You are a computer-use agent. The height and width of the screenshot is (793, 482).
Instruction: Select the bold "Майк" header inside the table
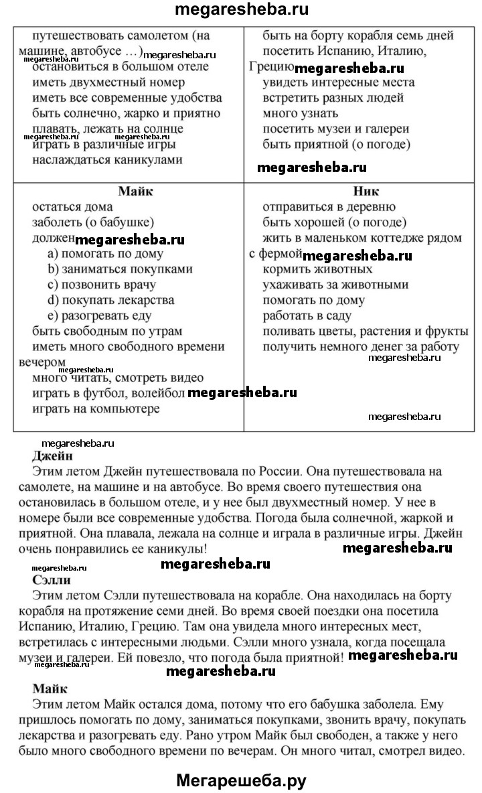click(136, 191)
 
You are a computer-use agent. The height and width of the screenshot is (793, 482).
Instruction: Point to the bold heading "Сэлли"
click(52, 580)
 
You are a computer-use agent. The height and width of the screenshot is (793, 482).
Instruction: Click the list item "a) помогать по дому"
click(105, 253)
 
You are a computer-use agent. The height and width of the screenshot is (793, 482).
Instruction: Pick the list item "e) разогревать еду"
click(99, 315)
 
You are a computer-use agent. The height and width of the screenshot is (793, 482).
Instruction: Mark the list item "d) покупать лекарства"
click(110, 300)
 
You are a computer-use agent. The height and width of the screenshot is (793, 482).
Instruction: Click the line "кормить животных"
click(317, 269)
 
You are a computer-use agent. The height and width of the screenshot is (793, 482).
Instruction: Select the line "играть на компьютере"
click(96, 409)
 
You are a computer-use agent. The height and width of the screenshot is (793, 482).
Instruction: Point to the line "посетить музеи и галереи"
click(335, 129)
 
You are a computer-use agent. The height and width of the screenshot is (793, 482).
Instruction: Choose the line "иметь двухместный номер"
click(108, 82)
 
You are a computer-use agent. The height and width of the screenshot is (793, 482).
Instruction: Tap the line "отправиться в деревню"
click(329, 207)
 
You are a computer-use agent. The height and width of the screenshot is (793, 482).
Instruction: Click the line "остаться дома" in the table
click(72, 207)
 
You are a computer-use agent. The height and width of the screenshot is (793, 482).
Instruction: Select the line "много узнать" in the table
click(295, 113)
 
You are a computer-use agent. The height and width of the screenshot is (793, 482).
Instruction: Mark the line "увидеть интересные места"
click(338, 82)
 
